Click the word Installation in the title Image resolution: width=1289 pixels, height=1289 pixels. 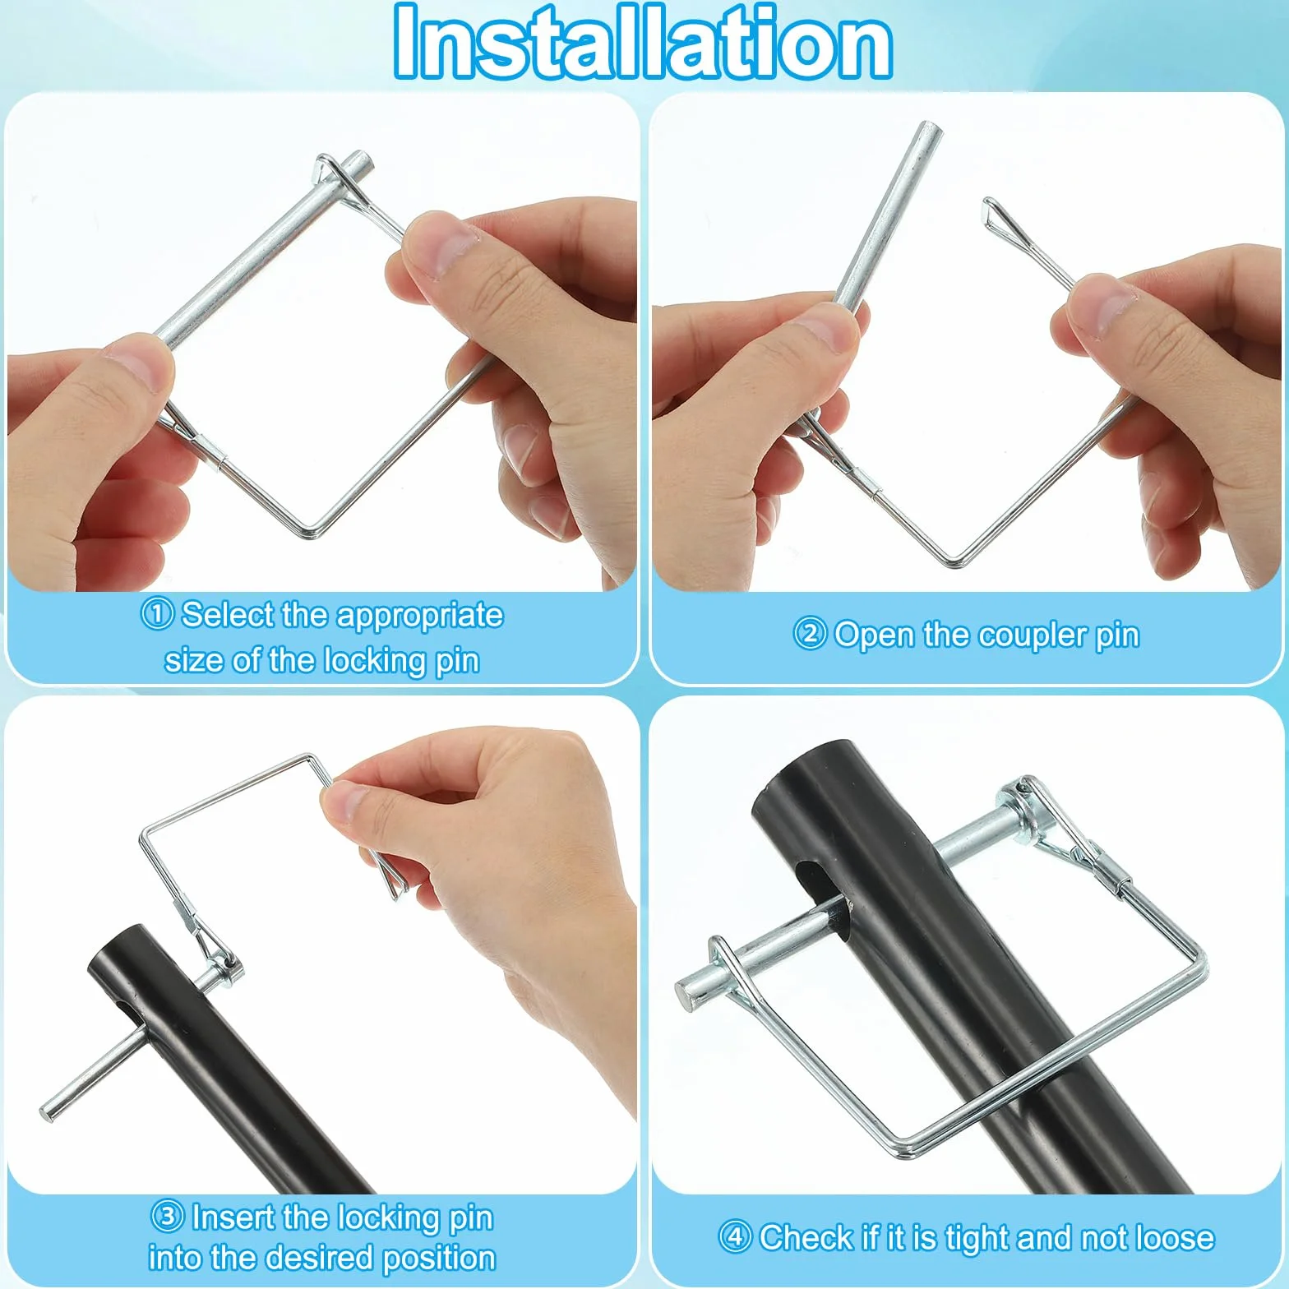[643, 41]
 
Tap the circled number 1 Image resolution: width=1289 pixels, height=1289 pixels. [157, 613]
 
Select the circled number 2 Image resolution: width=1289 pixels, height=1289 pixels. [810, 634]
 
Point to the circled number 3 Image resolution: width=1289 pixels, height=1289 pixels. [168, 1216]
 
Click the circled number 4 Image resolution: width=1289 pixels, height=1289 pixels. [735, 1236]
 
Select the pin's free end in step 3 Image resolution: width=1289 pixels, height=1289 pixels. [48, 1111]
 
